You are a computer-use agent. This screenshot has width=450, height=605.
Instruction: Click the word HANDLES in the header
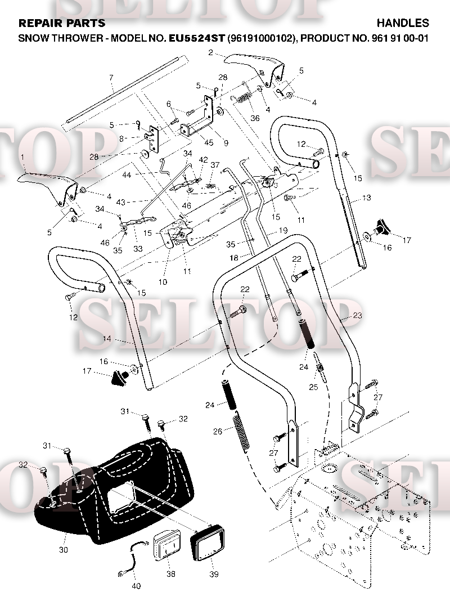[403, 23]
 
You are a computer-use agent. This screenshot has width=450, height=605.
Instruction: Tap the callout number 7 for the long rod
[111, 78]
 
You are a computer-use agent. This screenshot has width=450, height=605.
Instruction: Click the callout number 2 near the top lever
[210, 52]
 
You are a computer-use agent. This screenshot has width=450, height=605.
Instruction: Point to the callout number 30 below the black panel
[64, 550]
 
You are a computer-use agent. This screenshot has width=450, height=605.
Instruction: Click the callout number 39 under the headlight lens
[214, 574]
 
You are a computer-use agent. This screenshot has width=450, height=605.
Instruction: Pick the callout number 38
[171, 573]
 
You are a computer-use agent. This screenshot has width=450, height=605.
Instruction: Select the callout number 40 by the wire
[136, 586]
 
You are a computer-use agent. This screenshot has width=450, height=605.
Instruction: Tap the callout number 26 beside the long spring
[218, 431]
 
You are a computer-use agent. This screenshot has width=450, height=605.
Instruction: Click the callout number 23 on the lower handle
[357, 315]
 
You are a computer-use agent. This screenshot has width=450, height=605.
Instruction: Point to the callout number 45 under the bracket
[209, 143]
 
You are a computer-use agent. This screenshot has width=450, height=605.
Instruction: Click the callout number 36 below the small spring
[255, 118]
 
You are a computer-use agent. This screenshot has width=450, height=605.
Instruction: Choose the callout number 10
[163, 282]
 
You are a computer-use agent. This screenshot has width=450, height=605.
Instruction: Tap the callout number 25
[313, 387]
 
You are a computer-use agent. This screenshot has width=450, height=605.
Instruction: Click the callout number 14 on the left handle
[107, 339]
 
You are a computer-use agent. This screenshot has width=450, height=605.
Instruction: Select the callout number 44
[127, 175]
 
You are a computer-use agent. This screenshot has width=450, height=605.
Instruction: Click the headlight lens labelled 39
[208, 543]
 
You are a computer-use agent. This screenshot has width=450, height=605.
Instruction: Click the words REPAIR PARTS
[62, 23]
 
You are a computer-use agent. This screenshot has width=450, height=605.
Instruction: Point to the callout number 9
[226, 143]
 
